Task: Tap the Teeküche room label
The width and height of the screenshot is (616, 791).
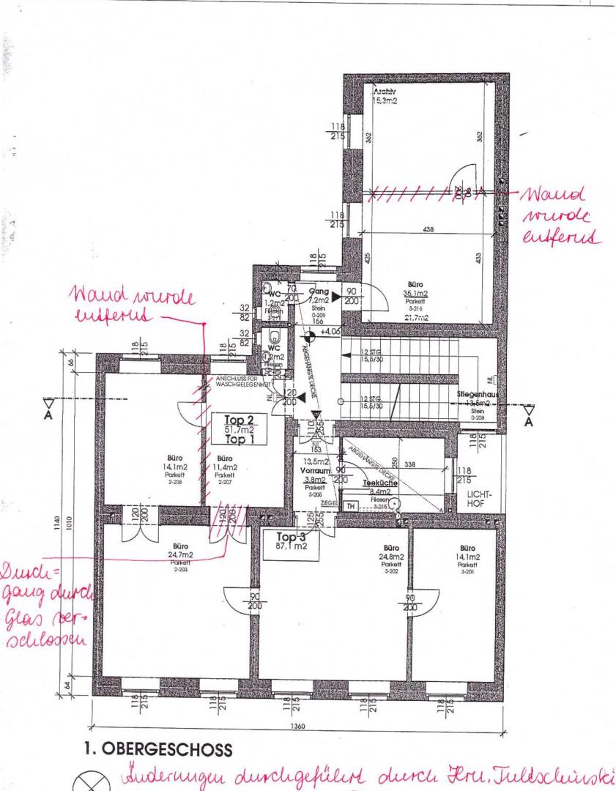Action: tap(379, 484)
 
